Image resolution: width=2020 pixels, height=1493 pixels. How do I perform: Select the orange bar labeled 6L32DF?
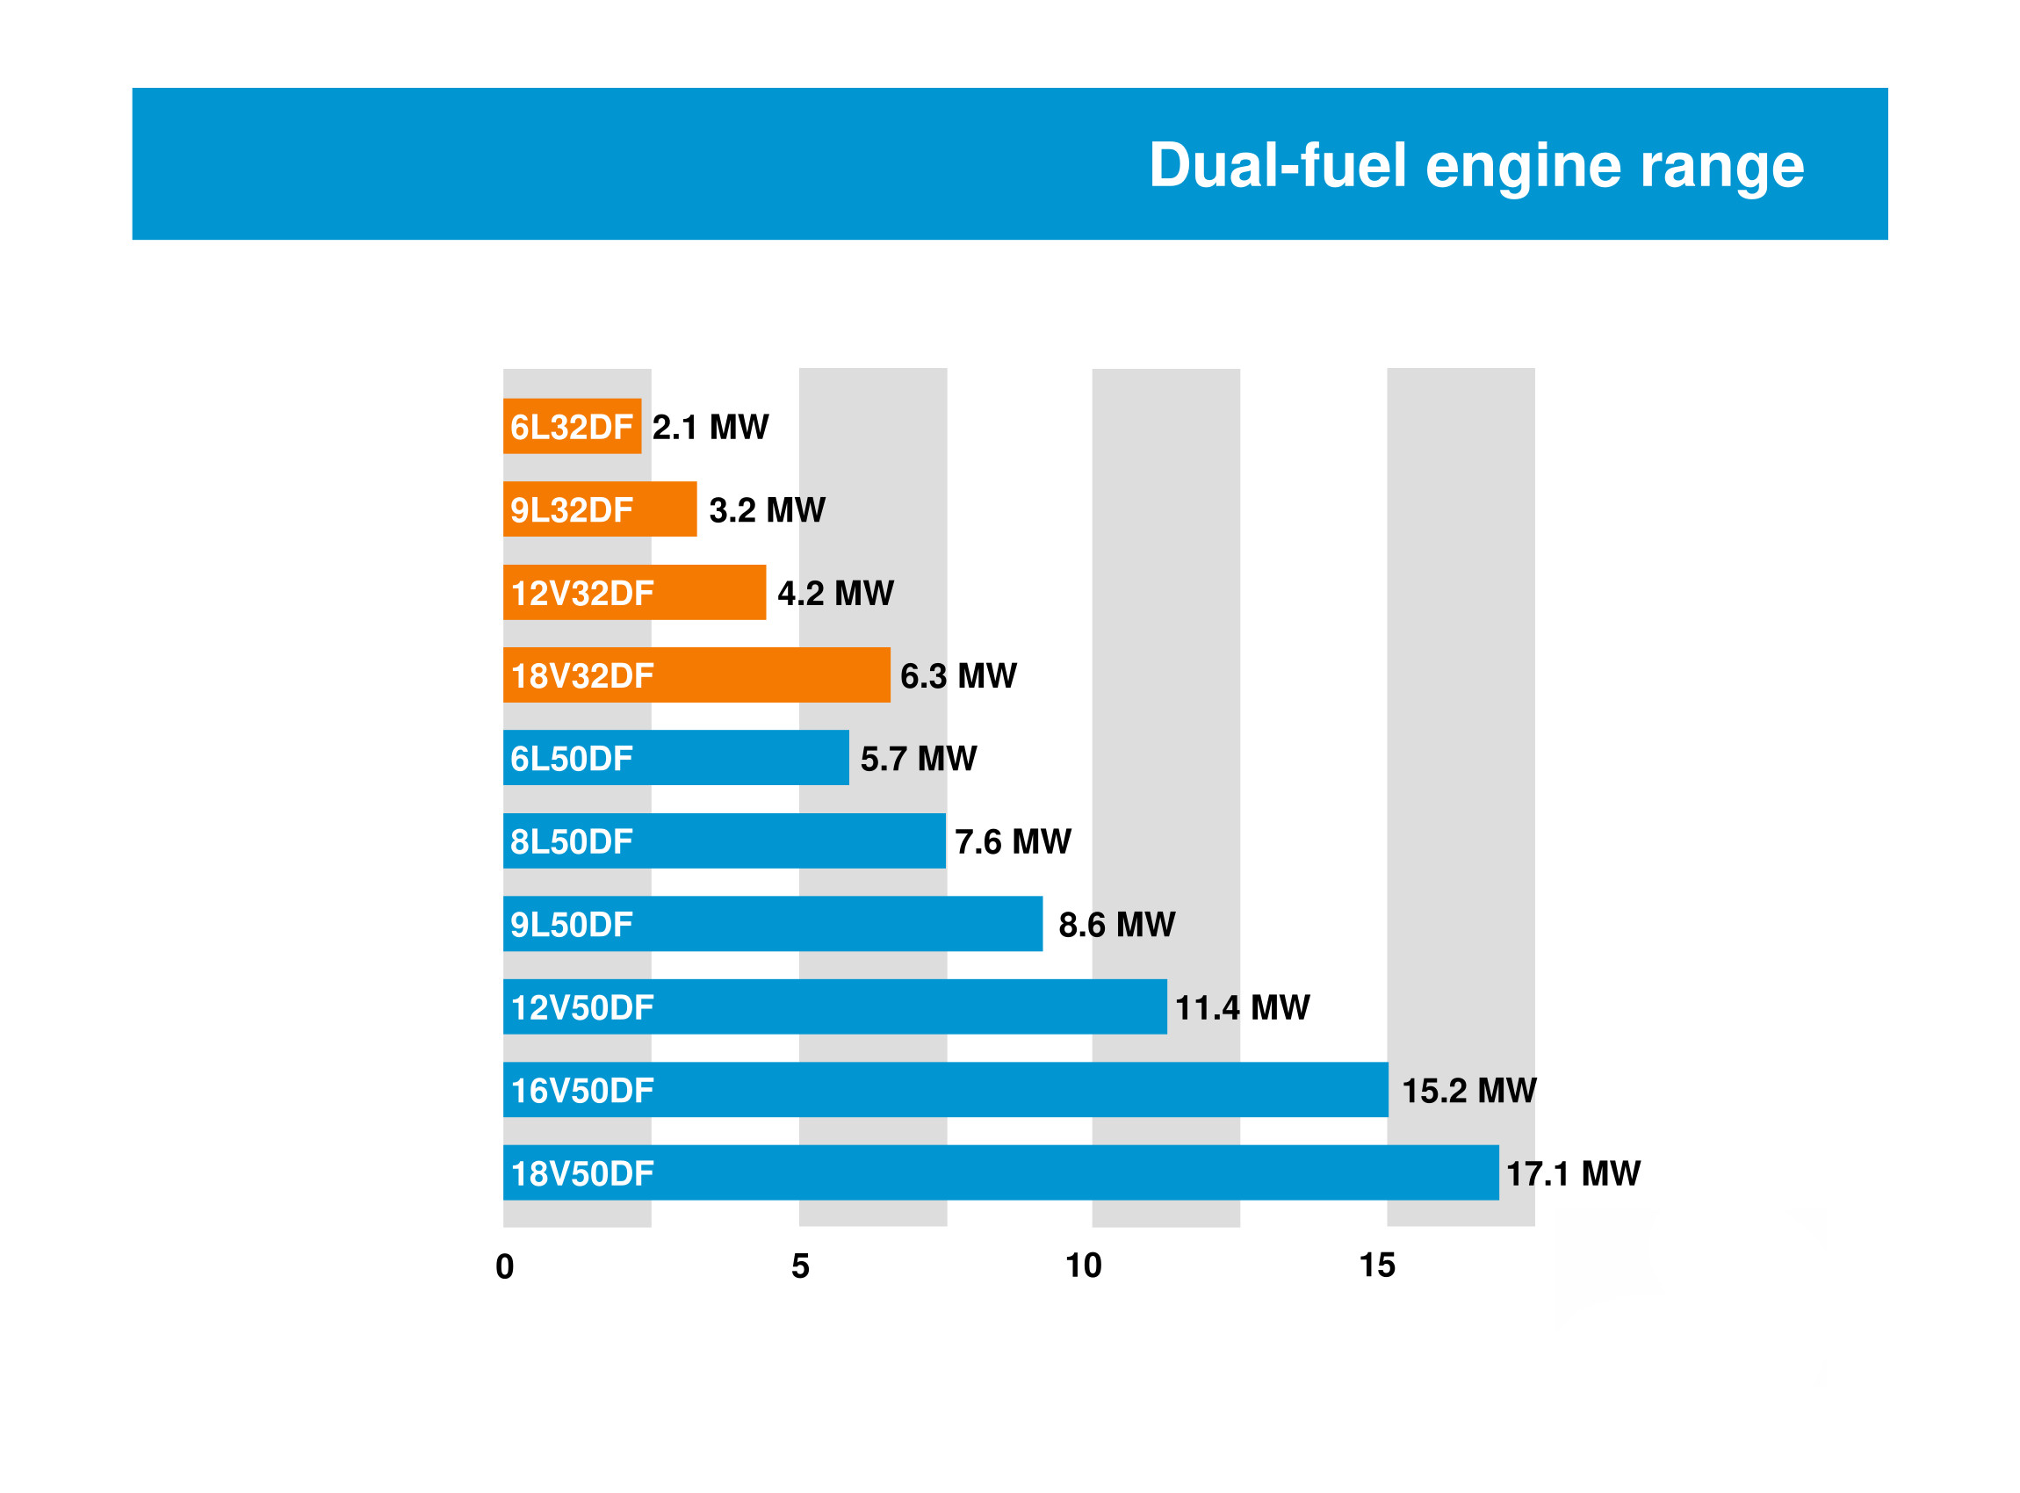tap(572, 427)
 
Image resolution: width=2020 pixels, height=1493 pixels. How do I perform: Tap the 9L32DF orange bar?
tap(599, 509)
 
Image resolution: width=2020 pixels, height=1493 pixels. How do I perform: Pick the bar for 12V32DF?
tap(633, 593)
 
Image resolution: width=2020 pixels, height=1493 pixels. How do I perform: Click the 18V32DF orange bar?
tap(696, 675)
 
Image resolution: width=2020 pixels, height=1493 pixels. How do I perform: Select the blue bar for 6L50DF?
tap(675, 758)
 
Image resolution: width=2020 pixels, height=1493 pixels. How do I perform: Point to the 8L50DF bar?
tap(724, 841)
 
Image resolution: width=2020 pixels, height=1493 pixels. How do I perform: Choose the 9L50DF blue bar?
tap(772, 925)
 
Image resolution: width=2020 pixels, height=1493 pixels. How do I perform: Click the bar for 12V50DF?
tap(834, 1006)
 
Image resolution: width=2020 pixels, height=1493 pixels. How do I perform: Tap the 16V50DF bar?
tap(945, 1090)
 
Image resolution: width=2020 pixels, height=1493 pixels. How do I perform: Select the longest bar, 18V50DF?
tap(1000, 1173)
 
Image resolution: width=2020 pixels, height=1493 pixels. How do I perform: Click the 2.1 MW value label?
tap(711, 427)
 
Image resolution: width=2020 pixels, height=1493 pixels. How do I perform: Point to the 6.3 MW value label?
tap(958, 676)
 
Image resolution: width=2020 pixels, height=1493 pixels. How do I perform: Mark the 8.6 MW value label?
tap(1116, 925)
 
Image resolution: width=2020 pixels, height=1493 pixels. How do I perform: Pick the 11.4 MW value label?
tap(1242, 1007)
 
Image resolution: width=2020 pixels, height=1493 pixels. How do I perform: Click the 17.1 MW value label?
tap(1573, 1174)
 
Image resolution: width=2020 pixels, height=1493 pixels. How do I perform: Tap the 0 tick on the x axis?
tap(504, 1267)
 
